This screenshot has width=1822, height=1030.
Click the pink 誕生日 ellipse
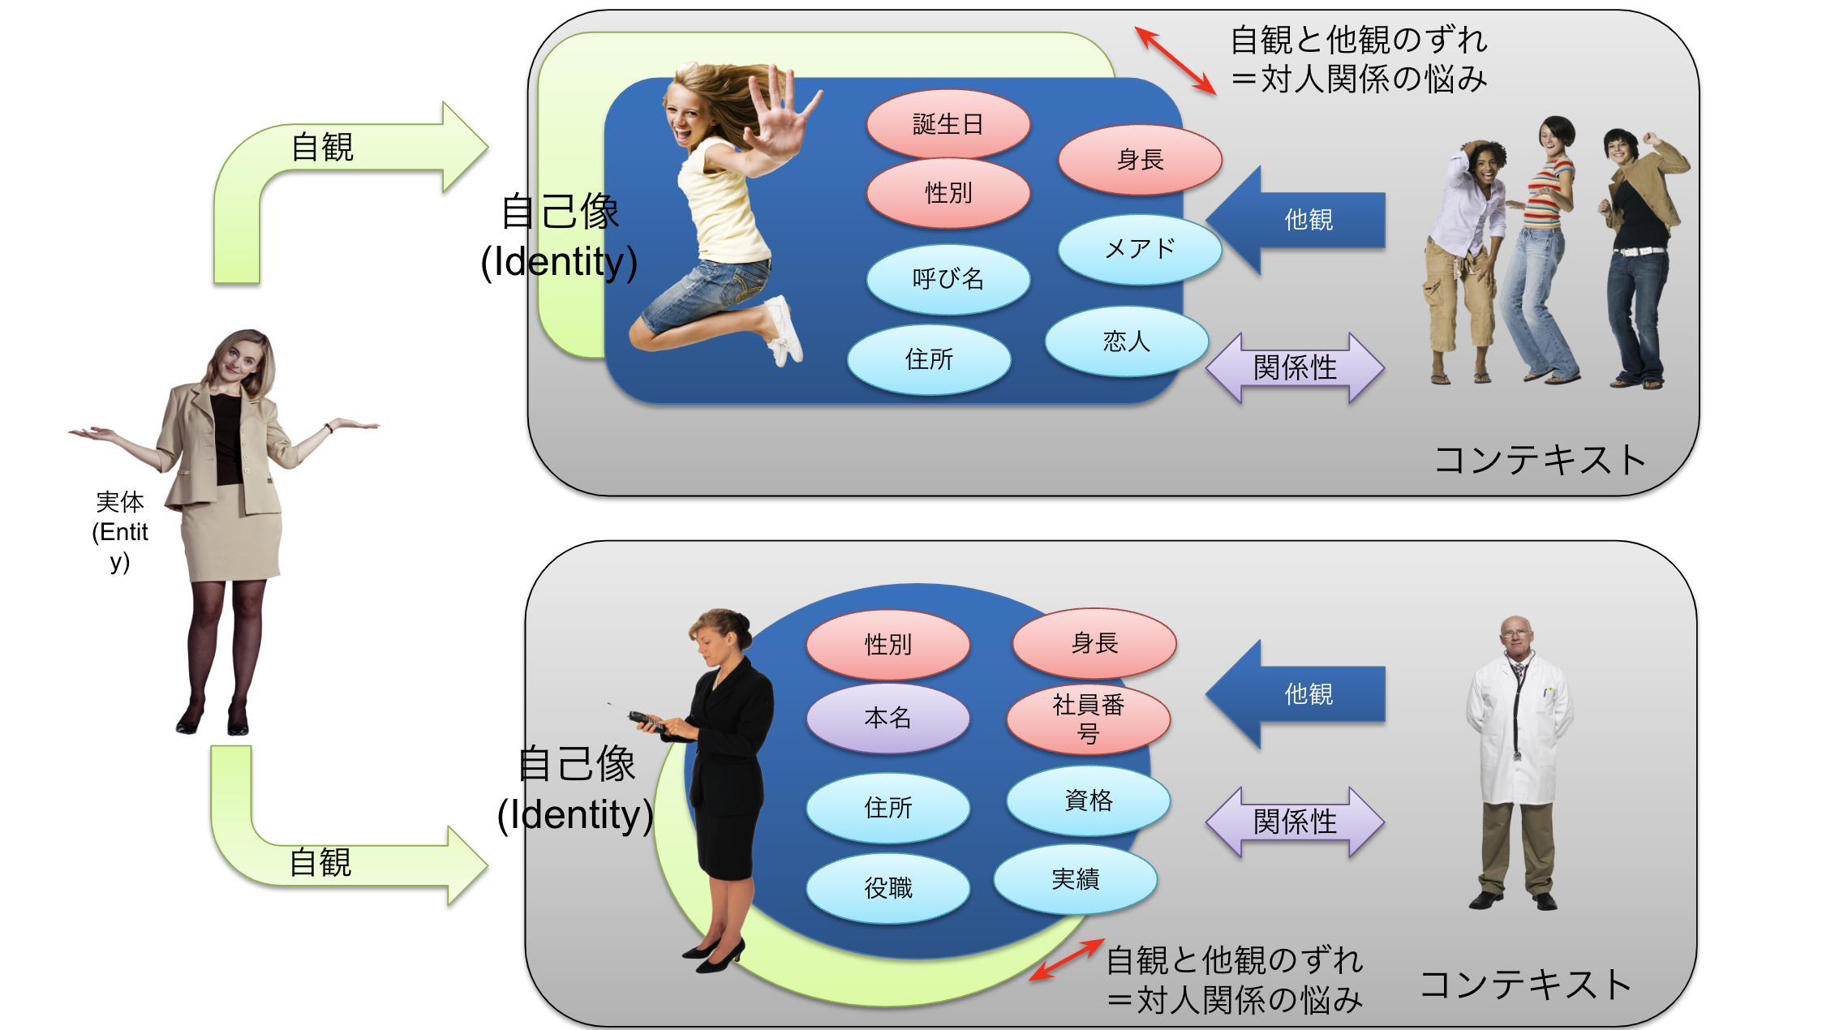click(948, 124)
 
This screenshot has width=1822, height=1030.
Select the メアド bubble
click(1140, 249)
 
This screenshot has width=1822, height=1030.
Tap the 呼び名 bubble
click(948, 279)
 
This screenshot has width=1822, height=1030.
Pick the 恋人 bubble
click(1127, 341)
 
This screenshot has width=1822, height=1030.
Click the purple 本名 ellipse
click(888, 718)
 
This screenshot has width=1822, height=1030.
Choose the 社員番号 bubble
click(1089, 719)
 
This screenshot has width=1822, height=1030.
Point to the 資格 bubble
click(1089, 800)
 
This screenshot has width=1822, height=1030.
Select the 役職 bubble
click(888, 888)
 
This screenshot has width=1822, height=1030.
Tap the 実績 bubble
click(1076, 879)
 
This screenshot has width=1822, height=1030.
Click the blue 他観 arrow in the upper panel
click(1296, 220)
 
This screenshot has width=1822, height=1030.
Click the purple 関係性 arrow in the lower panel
click(1296, 822)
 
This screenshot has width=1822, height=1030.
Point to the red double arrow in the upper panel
click(1175, 61)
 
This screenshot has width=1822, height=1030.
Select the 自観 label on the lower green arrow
click(320, 862)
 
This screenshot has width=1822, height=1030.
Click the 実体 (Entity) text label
click(120, 531)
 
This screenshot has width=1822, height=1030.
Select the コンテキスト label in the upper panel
click(1540, 460)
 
